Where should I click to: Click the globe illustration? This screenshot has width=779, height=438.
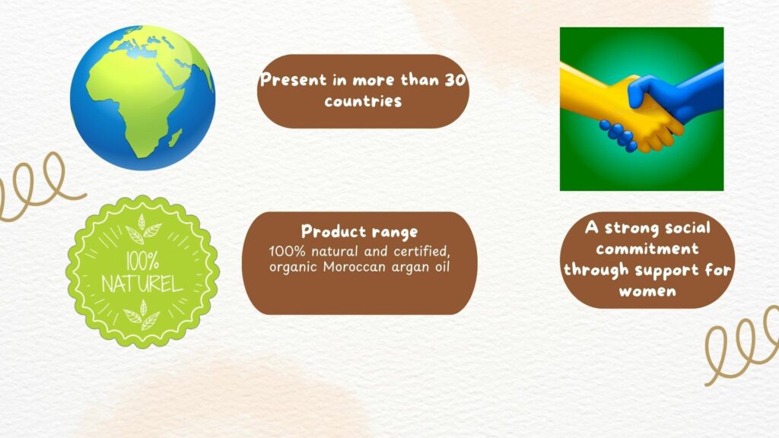142,98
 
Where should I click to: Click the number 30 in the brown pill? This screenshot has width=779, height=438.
455,80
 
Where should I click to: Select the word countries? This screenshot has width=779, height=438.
363,101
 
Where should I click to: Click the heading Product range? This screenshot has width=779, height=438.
360,231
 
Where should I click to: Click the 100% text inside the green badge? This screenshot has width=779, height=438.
142,261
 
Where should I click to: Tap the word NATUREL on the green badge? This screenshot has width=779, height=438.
142,284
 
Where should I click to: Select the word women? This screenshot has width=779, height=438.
648,291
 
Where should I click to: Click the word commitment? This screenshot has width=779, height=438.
647,249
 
